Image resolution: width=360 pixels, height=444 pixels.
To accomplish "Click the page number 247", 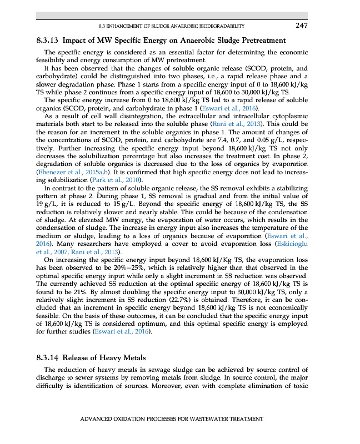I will [x=302, y=26].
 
